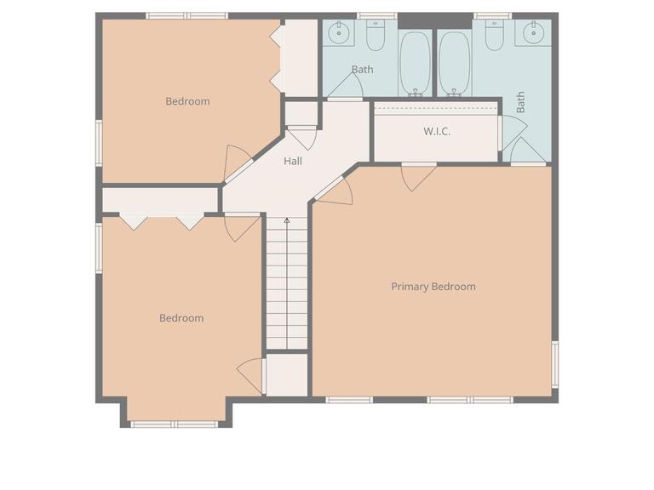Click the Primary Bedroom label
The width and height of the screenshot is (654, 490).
pyautogui.click(x=433, y=287)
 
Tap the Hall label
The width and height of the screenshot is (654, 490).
pyautogui.click(x=292, y=161)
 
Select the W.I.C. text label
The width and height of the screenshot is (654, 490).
pyautogui.click(x=436, y=132)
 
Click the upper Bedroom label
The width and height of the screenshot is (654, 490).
pyautogui.click(x=187, y=101)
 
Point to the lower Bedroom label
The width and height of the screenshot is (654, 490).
pyautogui.click(x=181, y=318)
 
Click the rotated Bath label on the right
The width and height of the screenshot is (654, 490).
pyautogui.click(x=520, y=103)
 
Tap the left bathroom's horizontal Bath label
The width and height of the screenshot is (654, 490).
pyautogui.click(x=362, y=70)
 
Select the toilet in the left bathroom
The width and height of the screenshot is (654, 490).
pyautogui.click(x=376, y=36)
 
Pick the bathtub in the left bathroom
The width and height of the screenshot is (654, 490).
pyautogui.click(x=416, y=63)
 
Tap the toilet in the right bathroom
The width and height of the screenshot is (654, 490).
pyautogui.click(x=495, y=36)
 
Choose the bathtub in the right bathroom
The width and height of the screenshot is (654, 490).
pyautogui.click(x=452, y=63)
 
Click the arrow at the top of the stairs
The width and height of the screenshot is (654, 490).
pyautogui.click(x=287, y=221)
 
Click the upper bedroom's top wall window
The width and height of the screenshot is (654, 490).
pyautogui.click(x=186, y=15)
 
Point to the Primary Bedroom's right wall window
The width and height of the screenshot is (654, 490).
pyautogui.click(x=554, y=364)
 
